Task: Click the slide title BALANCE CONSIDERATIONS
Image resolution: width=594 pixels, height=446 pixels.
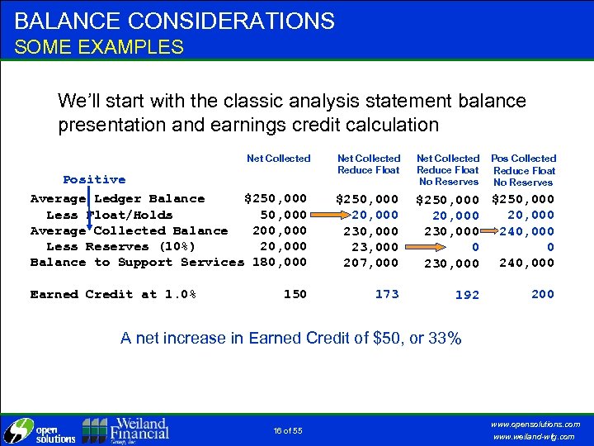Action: pyautogui.click(x=175, y=21)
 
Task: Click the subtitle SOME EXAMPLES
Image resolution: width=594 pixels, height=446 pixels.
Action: pyautogui.click(x=99, y=47)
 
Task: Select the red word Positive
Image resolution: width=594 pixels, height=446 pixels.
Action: pyautogui.click(x=94, y=179)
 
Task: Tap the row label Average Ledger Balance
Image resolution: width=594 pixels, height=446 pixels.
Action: pyautogui.click(x=117, y=198)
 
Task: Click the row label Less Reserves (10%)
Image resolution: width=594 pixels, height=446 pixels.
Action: pyautogui.click(x=120, y=246)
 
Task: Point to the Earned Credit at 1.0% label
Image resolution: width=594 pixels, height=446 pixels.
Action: pyautogui.click(x=112, y=294)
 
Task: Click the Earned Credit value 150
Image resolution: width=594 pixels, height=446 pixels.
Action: pyautogui.click(x=295, y=294)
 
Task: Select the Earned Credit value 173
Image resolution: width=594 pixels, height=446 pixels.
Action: pyautogui.click(x=386, y=294)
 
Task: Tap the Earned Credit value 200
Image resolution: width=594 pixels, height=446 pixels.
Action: pyautogui.click(x=543, y=294)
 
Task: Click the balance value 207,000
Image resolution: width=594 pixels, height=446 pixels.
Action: pyautogui.click(x=370, y=263)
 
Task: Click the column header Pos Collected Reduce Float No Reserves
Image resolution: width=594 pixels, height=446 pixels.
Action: pyautogui.click(x=524, y=169)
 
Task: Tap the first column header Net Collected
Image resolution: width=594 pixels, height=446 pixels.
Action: pyautogui.click(x=279, y=159)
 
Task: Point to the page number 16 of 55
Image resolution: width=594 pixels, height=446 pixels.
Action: pyautogui.click(x=286, y=429)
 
